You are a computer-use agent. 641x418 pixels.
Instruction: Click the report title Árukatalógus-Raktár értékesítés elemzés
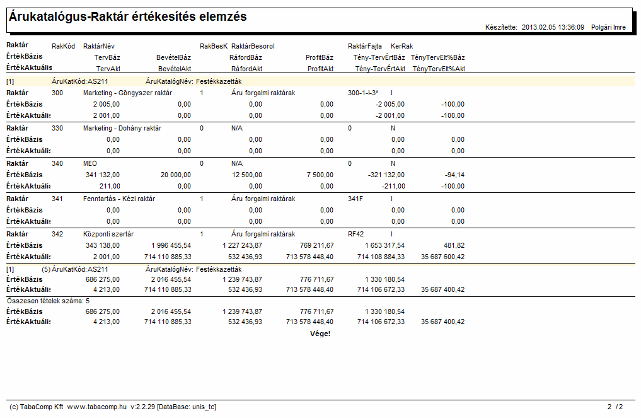(x=128, y=17)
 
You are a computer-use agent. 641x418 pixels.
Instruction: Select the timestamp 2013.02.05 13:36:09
(x=553, y=27)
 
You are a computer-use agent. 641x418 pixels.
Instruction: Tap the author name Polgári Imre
(x=608, y=27)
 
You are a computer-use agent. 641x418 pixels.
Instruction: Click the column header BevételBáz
(x=173, y=57)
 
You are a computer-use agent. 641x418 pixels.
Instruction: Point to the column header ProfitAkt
(x=320, y=69)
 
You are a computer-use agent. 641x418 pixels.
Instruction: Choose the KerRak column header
(x=402, y=46)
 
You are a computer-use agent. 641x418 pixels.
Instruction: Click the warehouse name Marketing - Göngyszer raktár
(x=127, y=93)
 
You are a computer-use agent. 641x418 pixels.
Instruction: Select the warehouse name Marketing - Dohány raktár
(x=122, y=129)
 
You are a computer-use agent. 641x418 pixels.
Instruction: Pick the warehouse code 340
(x=57, y=163)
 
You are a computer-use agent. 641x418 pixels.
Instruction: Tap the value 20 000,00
(x=175, y=175)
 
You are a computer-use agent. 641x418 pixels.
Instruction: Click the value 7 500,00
(x=320, y=175)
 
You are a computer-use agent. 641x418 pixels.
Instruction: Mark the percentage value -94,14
(x=454, y=175)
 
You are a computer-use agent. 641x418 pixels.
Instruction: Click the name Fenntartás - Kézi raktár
(x=119, y=199)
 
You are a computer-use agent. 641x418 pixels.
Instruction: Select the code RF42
(x=355, y=235)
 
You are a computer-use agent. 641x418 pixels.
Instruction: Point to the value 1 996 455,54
(x=171, y=246)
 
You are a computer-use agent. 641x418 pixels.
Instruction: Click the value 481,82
(x=454, y=246)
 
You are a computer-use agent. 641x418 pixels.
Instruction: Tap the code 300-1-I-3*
(x=363, y=93)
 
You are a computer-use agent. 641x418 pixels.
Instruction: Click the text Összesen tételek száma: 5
(x=49, y=301)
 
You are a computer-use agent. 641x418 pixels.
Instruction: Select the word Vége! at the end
(x=320, y=334)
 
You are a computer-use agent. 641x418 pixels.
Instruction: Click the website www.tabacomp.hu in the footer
(x=97, y=407)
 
